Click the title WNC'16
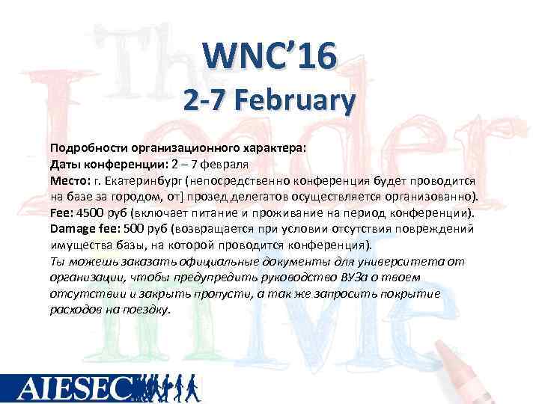pyautogui.click(x=270, y=56)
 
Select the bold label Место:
pyautogui.click(x=70, y=180)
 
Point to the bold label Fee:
pyautogui.click(x=61, y=212)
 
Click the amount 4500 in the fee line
pyautogui.click(x=91, y=212)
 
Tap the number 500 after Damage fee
pyautogui.click(x=134, y=228)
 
